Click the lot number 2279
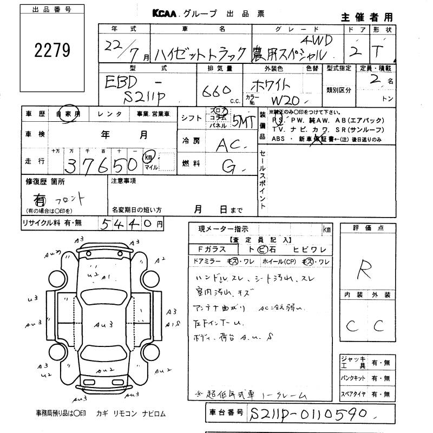click(x=53, y=51)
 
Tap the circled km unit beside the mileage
click(x=148, y=157)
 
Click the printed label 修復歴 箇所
click(x=45, y=182)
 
